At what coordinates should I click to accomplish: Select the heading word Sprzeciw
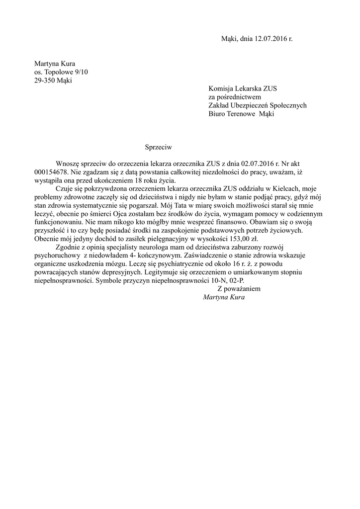(x=158, y=147)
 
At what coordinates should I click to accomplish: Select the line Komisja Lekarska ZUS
(x=243, y=89)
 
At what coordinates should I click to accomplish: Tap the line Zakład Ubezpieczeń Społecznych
(x=257, y=105)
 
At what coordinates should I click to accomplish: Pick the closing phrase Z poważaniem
(x=239, y=289)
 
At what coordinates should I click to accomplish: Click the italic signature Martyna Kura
(x=224, y=297)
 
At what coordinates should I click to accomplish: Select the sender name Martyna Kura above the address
(x=55, y=64)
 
